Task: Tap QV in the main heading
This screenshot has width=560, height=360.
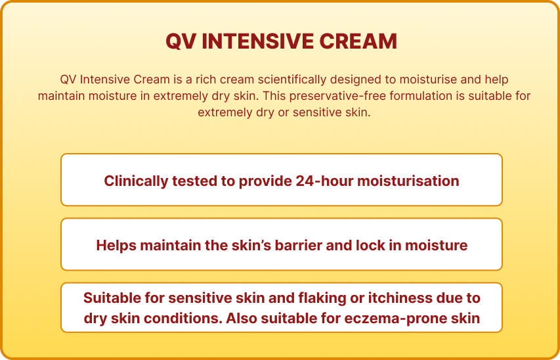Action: coord(180,41)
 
